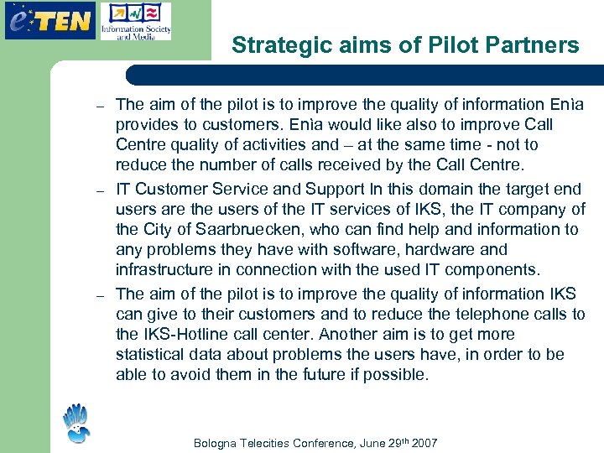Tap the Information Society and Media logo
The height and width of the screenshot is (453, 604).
point(135,21)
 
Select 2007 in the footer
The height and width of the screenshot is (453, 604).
point(423,442)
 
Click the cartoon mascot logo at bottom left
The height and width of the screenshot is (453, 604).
point(77,423)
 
